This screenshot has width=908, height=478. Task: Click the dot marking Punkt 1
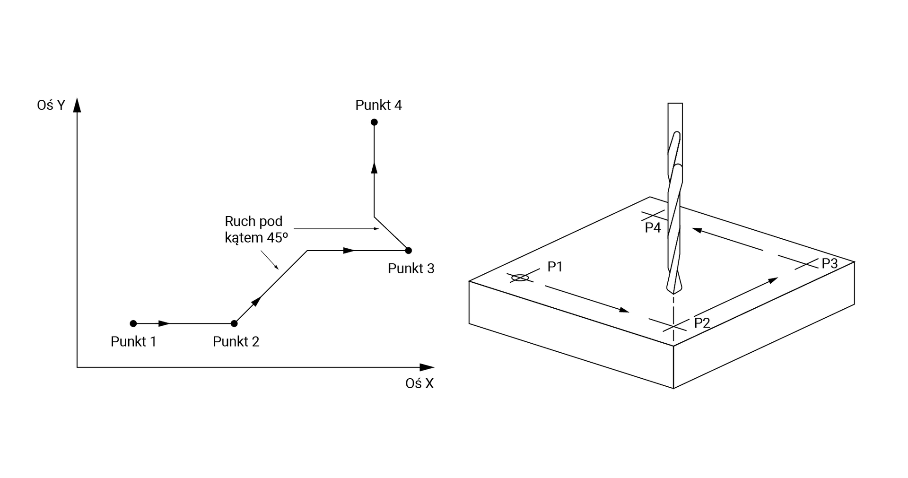point(133,323)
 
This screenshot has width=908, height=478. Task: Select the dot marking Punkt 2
point(234,323)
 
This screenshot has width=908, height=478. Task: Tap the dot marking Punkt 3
point(409,250)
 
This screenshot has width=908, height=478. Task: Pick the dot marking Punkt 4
point(374,122)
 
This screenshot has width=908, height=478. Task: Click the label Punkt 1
point(133,341)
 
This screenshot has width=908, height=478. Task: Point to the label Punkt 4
point(378,105)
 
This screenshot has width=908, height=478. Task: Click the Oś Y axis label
point(51,105)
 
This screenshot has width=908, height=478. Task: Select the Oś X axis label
point(419,383)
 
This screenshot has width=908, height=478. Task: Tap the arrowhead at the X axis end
point(427,367)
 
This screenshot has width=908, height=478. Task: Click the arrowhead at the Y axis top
point(77,105)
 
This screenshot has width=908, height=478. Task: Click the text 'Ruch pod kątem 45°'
point(256,229)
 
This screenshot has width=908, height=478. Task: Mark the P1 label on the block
point(555,267)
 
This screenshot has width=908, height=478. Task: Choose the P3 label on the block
point(829,263)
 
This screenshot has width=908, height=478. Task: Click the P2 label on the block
point(702,323)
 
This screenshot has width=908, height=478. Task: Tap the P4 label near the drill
point(653,227)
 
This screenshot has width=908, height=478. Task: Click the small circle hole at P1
point(520,278)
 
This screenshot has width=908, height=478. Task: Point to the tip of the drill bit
point(673,292)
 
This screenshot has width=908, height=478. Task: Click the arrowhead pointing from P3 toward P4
point(697,230)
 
